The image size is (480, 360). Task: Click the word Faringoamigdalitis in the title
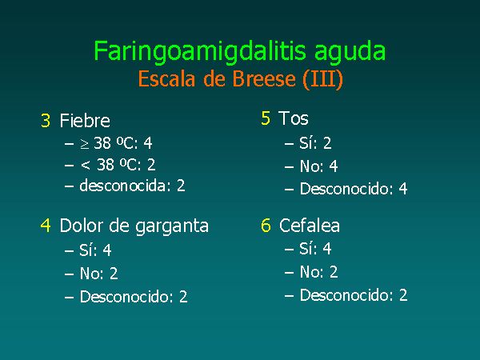(200, 51)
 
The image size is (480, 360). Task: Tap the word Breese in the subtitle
(264, 78)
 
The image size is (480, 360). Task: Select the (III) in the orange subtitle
(322, 79)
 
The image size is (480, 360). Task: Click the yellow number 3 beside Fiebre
(46, 120)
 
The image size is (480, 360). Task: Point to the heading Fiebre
(85, 120)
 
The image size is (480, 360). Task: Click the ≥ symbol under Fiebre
(85, 143)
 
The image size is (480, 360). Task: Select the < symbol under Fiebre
(86, 166)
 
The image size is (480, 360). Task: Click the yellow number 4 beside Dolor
(46, 226)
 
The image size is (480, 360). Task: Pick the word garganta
(172, 227)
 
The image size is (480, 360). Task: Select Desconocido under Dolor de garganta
(125, 296)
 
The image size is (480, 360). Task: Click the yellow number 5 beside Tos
(266, 118)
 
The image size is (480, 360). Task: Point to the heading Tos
(294, 118)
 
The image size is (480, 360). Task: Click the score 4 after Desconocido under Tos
(403, 189)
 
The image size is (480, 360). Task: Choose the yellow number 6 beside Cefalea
(266, 226)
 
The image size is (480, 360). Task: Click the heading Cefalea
(309, 226)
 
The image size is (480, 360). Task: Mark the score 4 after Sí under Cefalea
(327, 249)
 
